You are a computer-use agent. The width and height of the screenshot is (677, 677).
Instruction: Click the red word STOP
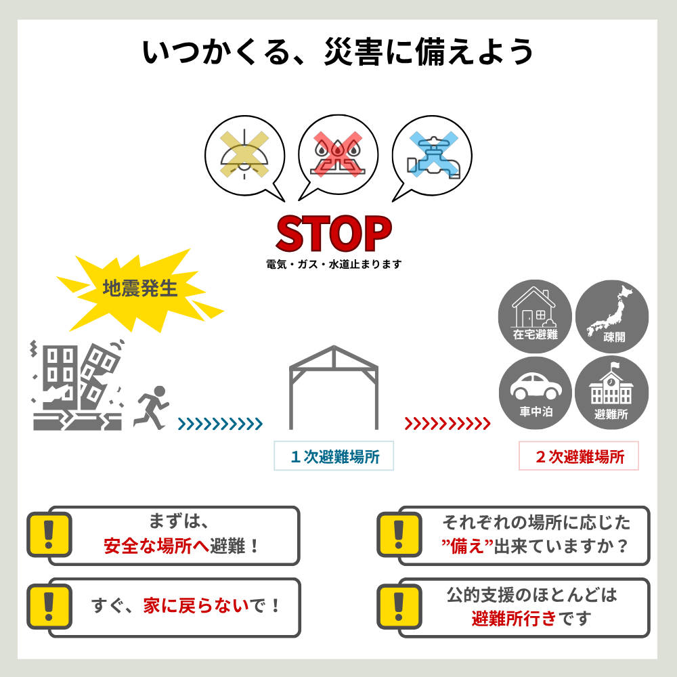click(x=334, y=234)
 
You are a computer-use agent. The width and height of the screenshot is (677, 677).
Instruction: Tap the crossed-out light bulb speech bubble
click(x=245, y=157)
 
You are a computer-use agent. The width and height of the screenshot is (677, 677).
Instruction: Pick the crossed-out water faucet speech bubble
click(x=432, y=157)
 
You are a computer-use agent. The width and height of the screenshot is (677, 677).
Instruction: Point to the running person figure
click(x=151, y=408)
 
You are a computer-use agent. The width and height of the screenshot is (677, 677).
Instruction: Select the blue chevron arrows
click(x=220, y=424)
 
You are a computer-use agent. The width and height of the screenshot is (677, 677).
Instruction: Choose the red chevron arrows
click(x=447, y=424)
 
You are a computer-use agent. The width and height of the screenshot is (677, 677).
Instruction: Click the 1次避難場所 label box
click(x=334, y=456)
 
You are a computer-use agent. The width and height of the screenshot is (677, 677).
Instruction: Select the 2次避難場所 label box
click(x=579, y=456)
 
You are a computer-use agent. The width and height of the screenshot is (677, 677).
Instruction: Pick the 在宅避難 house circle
click(x=535, y=316)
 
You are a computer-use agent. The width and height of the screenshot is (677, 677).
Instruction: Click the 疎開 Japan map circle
click(x=612, y=316)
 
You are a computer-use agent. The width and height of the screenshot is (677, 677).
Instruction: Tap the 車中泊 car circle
click(x=536, y=393)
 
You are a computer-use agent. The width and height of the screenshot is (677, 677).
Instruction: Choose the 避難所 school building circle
click(x=612, y=393)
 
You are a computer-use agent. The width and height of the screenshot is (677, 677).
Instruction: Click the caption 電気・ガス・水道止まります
click(x=334, y=264)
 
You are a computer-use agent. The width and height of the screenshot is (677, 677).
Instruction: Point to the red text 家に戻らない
click(x=196, y=606)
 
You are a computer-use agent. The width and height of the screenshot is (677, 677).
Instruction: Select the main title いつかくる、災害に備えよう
click(x=338, y=52)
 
